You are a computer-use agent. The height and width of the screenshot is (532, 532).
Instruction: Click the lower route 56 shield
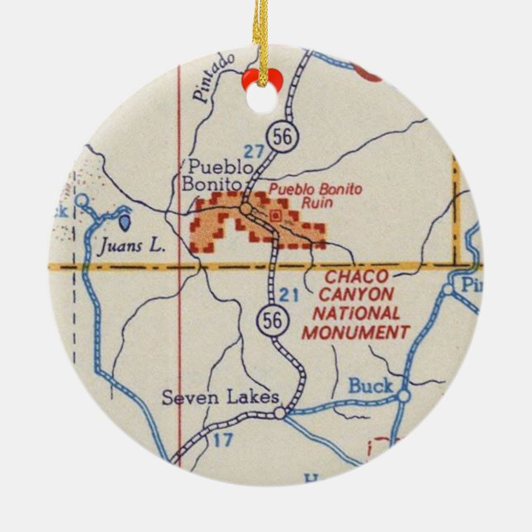pos(270,318)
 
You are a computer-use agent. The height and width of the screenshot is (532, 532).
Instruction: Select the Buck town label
pos(372,385)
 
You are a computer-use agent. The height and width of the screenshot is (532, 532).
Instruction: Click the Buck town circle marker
pos(402,396)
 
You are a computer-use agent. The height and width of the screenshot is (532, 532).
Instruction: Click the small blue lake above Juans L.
pos(124,221)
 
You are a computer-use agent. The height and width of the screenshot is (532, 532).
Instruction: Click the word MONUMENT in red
pos(355,333)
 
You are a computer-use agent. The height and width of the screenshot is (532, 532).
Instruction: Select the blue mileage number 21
pos(289,294)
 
